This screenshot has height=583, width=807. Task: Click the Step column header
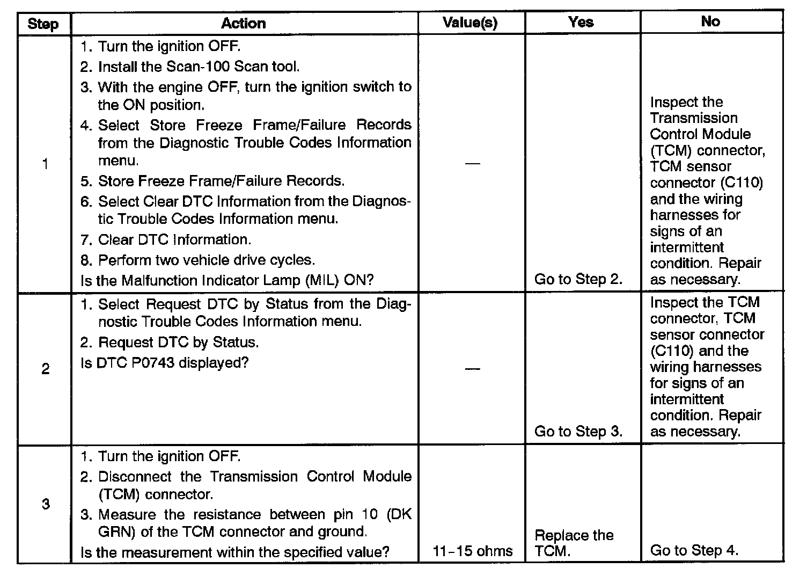43,24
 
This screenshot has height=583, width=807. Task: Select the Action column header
243,23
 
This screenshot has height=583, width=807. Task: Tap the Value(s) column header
470,23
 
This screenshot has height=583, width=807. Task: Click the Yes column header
581,22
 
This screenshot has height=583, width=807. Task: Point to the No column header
710,21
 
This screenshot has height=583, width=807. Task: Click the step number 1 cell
45,164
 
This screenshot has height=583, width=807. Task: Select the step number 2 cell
45,369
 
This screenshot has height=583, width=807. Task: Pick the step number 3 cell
45,504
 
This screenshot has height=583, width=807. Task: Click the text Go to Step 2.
578,279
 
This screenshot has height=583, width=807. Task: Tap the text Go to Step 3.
578,432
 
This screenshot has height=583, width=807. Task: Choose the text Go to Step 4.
694,550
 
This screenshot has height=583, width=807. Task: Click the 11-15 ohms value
472,551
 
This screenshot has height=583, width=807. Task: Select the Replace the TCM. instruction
574,543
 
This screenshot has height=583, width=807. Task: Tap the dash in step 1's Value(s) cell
472,163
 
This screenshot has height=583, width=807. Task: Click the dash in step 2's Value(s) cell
472,368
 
